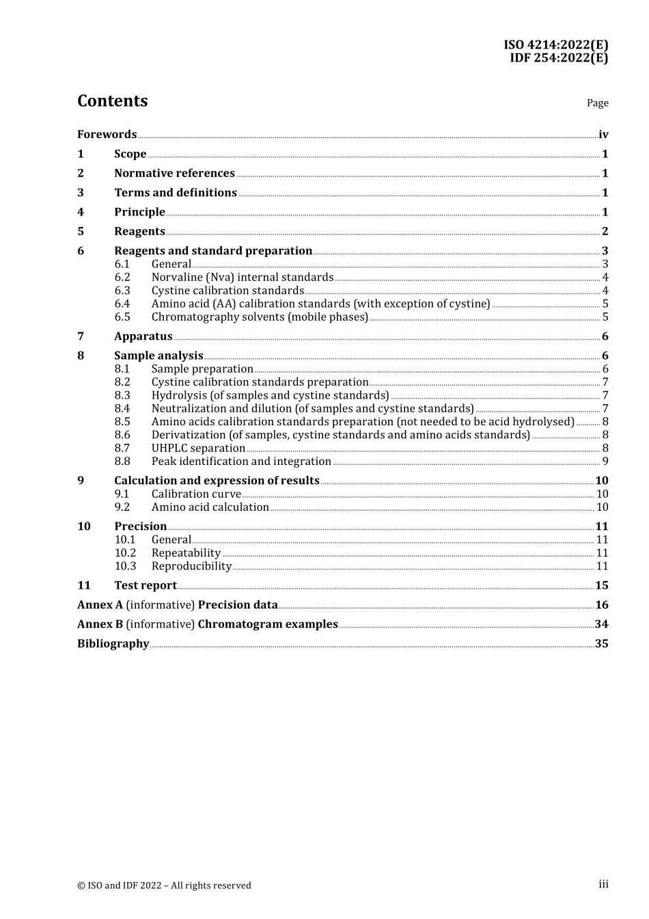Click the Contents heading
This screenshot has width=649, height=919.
point(112,101)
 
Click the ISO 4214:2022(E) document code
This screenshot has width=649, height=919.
point(555,45)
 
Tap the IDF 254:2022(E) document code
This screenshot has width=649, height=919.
point(558,58)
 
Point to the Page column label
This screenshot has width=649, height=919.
point(597,103)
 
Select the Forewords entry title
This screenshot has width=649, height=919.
point(107,135)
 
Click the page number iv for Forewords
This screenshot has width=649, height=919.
point(603,135)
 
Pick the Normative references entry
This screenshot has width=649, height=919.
point(174,174)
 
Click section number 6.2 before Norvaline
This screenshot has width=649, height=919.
point(122,278)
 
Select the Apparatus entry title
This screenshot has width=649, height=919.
point(143,336)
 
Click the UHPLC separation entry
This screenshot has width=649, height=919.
point(198,449)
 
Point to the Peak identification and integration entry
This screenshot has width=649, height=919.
point(241,462)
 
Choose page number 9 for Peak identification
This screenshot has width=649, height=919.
point(605,462)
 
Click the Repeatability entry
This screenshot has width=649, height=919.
point(186,553)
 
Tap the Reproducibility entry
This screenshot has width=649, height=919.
point(191,566)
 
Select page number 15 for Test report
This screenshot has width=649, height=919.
point(601,585)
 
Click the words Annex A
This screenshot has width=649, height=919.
point(100,605)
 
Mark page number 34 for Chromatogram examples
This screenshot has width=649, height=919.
point(601,624)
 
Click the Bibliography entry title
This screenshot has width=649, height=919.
point(113,644)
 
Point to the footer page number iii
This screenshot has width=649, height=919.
point(603,885)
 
